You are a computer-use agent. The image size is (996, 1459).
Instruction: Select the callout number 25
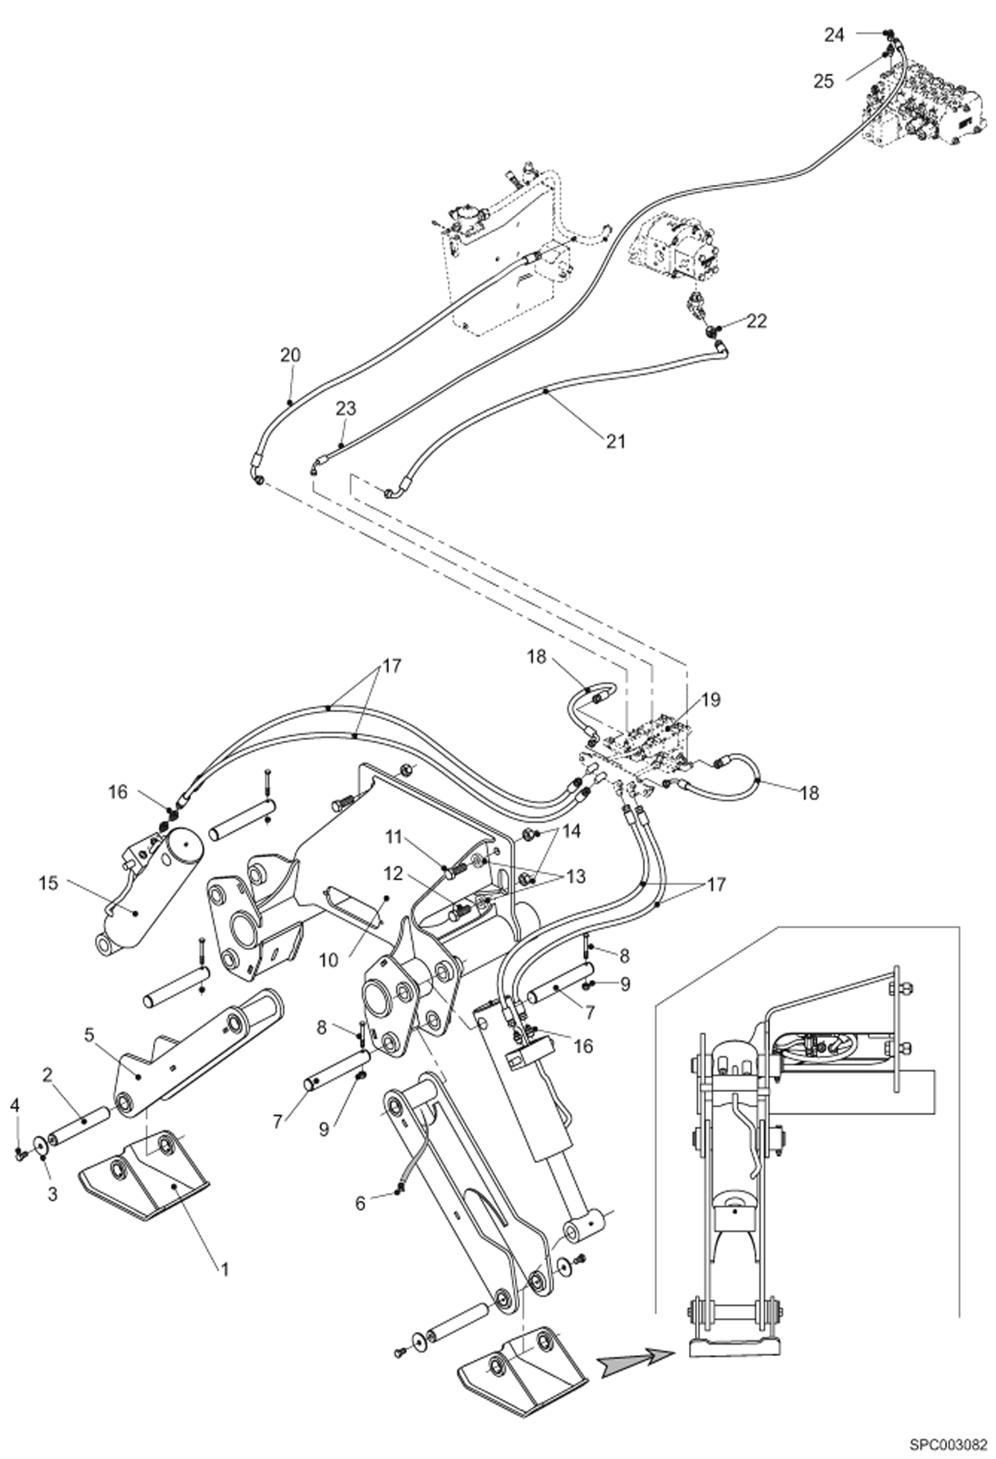tap(824, 81)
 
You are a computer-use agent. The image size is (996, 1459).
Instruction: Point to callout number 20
tap(290, 355)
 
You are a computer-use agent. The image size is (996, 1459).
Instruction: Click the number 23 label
tap(346, 408)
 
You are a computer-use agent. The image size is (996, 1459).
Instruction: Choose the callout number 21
tap(616, 440)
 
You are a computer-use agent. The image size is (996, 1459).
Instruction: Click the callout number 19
tap(710, 700)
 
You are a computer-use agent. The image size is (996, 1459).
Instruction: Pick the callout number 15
tap(49, 883)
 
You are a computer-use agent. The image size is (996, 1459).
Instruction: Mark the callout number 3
tap(53, 1194)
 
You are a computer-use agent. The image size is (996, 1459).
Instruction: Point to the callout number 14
tap(571, 831)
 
